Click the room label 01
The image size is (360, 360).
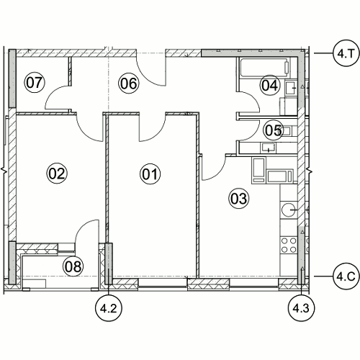[x=150, y=174]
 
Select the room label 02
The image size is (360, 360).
[x=57, y=174]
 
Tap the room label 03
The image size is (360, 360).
[x=238, y=199]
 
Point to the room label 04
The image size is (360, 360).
[x=270, y=85]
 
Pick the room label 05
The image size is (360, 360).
[x=273, y=130]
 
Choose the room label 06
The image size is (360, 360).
[x=129, y=84]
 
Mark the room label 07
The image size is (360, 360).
[x=35, y=82]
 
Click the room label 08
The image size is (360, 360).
[x=73, y=266]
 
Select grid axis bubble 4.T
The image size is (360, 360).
[x=346, y=53]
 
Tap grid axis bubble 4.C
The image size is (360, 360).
[x=346, y=276]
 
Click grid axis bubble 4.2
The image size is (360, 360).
[x=109, y=308]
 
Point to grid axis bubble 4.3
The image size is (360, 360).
[x=302, y=308]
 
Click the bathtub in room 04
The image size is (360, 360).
[x=265, y=68]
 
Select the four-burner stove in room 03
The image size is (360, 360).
[x=289, y=245]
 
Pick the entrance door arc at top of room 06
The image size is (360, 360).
[x=147, y=77]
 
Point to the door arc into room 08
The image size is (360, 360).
[x=81, y=228]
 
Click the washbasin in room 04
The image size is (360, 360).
[x=291, y=88]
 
